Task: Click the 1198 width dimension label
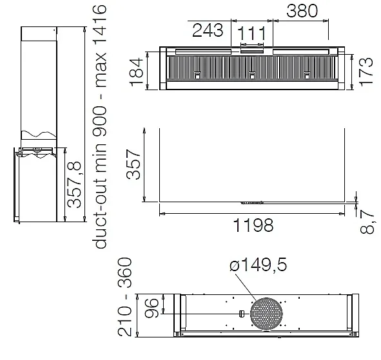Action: (253, 225)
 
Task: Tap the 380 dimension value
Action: (302, 11)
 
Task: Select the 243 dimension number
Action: (208, 30)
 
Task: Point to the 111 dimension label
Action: (251, 33)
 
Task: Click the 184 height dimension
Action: (137, 72)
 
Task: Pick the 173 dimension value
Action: (366, 72)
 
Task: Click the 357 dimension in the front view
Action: (133, 164)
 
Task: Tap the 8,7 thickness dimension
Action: (367, 222)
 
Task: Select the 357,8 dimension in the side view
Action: (74, 184)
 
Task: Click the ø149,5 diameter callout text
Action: (259, 265)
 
